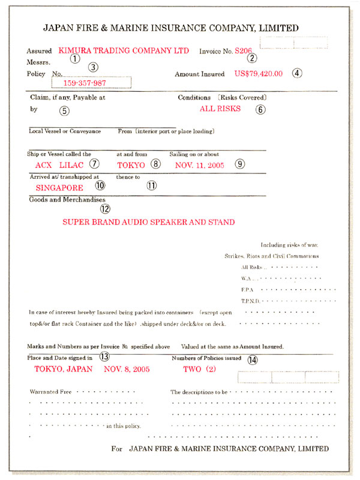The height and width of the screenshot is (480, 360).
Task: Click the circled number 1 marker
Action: (x=75, y=59)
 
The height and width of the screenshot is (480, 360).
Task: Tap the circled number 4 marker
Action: (x=297, y=74)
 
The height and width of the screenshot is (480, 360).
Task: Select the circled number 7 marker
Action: (x=94, y=164)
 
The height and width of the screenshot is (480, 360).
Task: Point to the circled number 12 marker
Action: (x=106, y=209)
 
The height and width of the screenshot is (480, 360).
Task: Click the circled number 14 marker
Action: (x=253, y=360)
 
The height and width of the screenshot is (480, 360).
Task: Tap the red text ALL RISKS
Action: (x=220, y=109)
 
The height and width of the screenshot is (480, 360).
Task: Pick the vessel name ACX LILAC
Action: (x=59, y=164)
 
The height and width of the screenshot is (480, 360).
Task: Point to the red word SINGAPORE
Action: (x=59, y=187)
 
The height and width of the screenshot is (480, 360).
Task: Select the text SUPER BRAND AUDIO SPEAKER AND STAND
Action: (x=148, y=221)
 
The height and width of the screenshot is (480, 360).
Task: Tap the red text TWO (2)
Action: (x=199, y=369)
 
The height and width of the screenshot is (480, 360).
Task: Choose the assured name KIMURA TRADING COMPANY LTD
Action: (x=124, y=50)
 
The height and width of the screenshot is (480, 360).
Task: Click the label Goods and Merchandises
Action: (x=67, y=199)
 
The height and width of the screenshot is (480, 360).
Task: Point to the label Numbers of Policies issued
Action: (x=206, y=358)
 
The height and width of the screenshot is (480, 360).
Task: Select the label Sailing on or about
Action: (x=194, y=154)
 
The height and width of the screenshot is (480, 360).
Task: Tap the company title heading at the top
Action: (x=171, y=28)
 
